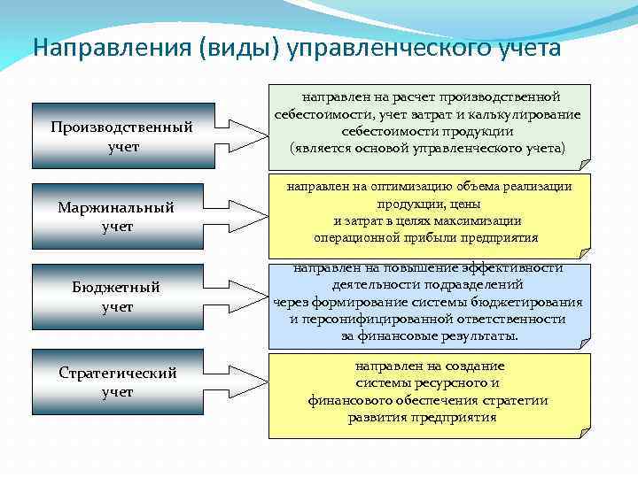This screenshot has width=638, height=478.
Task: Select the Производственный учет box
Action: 121,136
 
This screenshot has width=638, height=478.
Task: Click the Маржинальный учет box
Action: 115,217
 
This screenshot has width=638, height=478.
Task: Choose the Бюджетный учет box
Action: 115,297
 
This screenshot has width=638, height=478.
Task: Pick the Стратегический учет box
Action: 117,382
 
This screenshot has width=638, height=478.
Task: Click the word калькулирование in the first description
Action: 526,114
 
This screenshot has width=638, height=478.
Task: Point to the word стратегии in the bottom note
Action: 519,400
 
